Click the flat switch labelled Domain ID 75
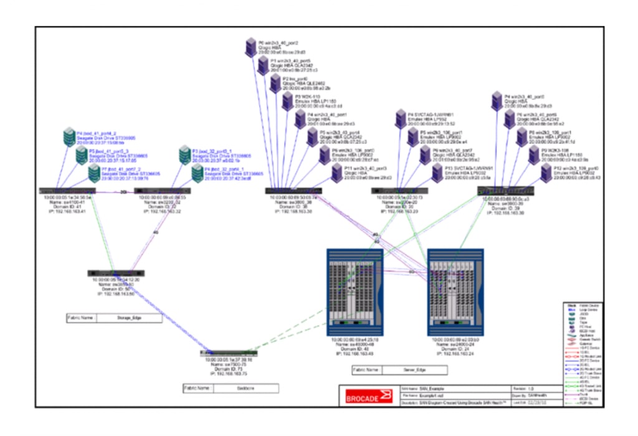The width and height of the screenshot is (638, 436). (229, 353)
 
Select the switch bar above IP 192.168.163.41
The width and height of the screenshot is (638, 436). (65, 191)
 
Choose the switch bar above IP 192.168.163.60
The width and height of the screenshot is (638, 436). (117, 273)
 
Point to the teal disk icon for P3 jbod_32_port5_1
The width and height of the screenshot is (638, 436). (184, 154)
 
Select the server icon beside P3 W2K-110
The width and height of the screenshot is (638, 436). (287, 102)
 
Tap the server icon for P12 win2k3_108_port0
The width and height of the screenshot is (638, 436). (545, 173)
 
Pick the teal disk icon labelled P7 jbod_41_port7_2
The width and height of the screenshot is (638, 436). (92, 173)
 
